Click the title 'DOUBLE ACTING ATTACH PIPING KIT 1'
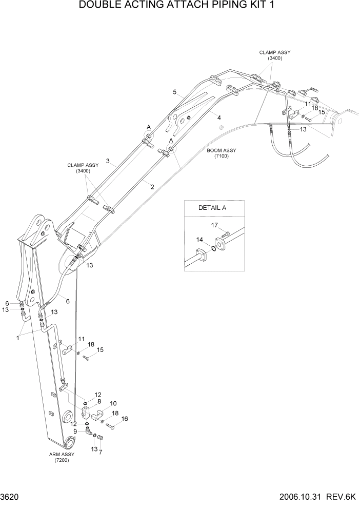180,7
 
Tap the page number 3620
11,497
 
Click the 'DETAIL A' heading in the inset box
212,208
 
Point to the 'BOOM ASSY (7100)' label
222,153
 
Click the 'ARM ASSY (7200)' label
62,457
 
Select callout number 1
18,338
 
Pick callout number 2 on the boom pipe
152,187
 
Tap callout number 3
108,161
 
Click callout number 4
219,118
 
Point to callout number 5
174,92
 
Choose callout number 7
101,452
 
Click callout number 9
75,432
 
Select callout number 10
113,404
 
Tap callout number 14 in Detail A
199,239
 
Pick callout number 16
124,419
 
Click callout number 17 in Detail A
214,225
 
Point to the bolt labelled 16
110,426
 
